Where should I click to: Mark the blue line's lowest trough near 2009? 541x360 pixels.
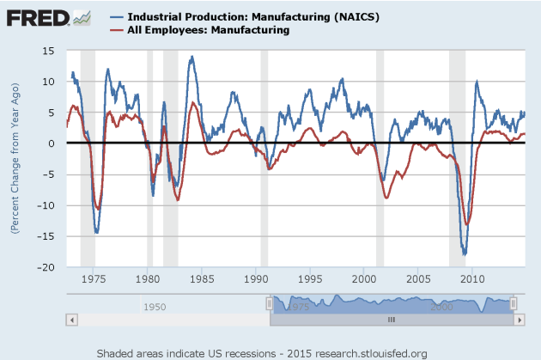(465, 254)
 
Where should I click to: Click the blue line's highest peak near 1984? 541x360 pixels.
(191, 58)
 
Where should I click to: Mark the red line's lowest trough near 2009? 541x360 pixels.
(467, 223)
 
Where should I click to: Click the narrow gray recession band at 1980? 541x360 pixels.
(149, 159)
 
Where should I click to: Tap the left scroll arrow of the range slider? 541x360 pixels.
(72, 319)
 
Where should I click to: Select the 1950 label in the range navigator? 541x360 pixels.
(155, 306)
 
